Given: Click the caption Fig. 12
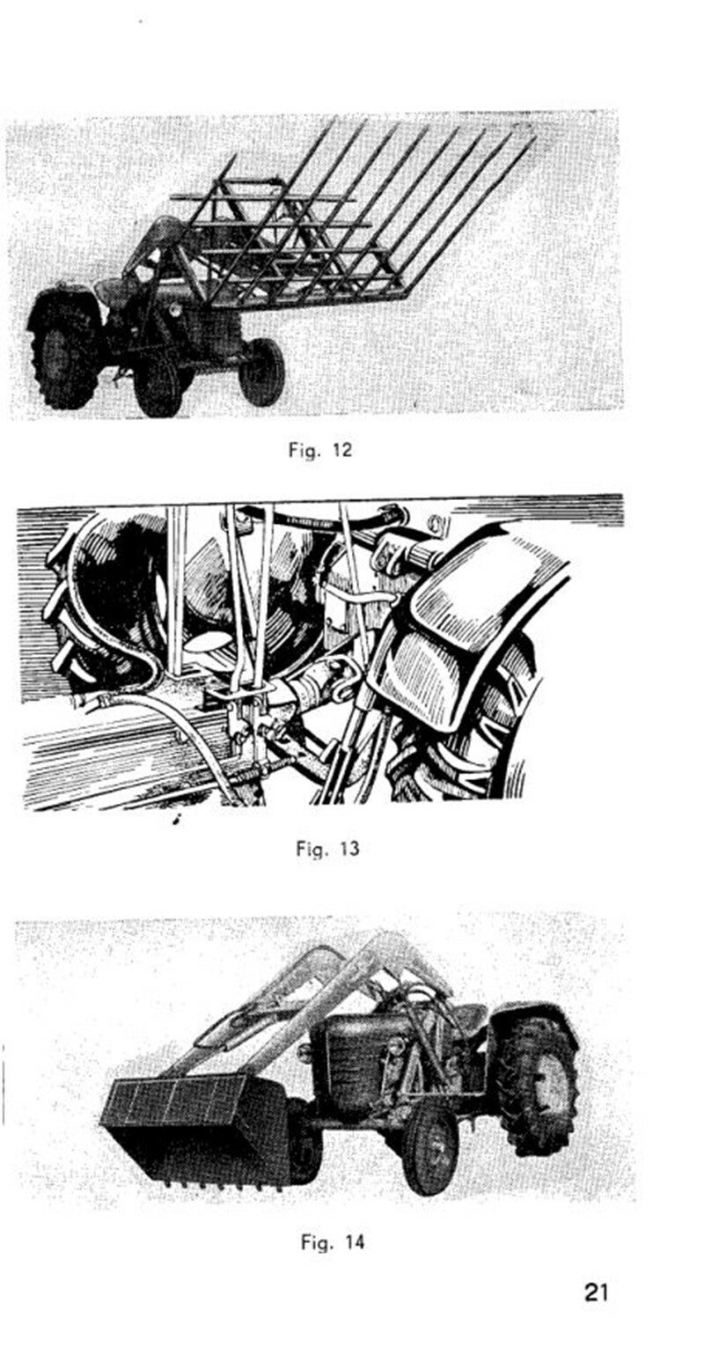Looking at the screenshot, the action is click(x=320, y=450).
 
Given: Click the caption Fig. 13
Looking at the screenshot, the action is click(x=327, y=849).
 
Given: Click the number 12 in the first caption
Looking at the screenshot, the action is click(x=341, y=450).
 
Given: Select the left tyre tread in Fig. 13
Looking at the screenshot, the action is click(x=60, y=608).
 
